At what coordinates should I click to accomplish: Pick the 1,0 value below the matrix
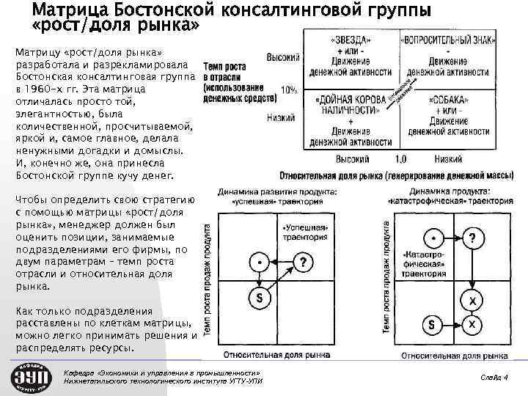pos(400,158)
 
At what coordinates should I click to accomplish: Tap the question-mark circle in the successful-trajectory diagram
pos(304,262)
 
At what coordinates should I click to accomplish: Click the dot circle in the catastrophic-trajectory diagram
pos(436,238)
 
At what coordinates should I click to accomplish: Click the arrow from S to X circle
pos(452,323)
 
